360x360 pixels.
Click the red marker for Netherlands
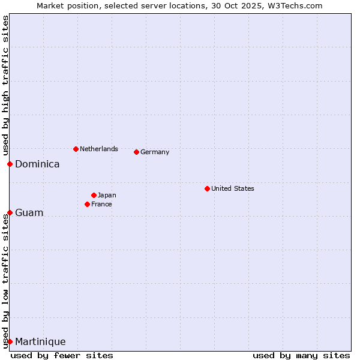76,149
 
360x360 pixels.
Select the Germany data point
137,152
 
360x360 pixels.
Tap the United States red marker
207,188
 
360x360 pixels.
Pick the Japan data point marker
94,195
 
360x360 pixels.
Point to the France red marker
88,204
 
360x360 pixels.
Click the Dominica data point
10,164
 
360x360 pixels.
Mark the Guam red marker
10,212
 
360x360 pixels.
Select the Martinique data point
10,341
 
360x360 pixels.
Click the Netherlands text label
99,149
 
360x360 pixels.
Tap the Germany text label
155,152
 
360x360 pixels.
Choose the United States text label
233,188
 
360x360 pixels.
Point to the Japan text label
107,195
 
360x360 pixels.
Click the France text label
101,204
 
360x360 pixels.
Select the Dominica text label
37,164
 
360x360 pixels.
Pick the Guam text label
29,212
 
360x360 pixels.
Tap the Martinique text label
40,341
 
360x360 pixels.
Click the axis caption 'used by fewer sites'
62,355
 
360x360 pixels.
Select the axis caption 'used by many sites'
301,355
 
